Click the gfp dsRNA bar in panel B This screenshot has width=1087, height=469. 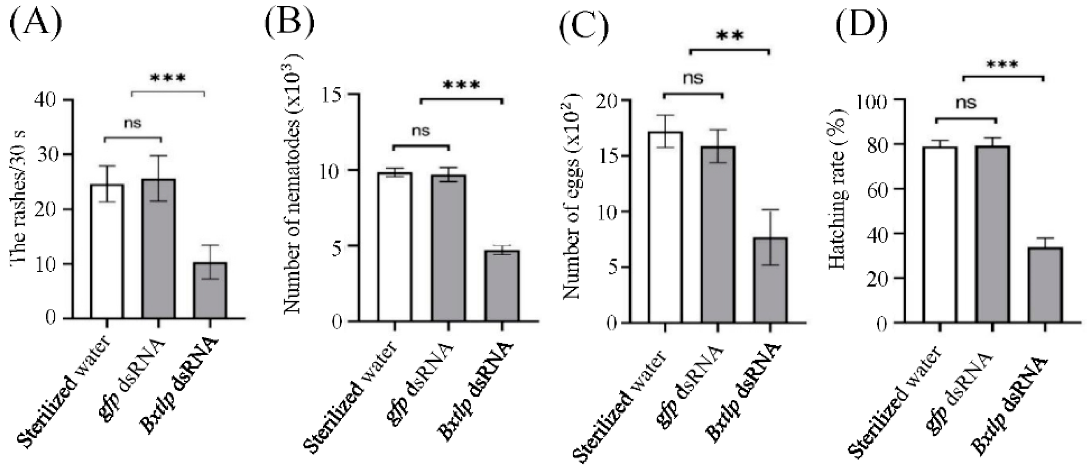pos(448,249)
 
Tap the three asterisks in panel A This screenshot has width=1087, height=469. pos(167,79)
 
